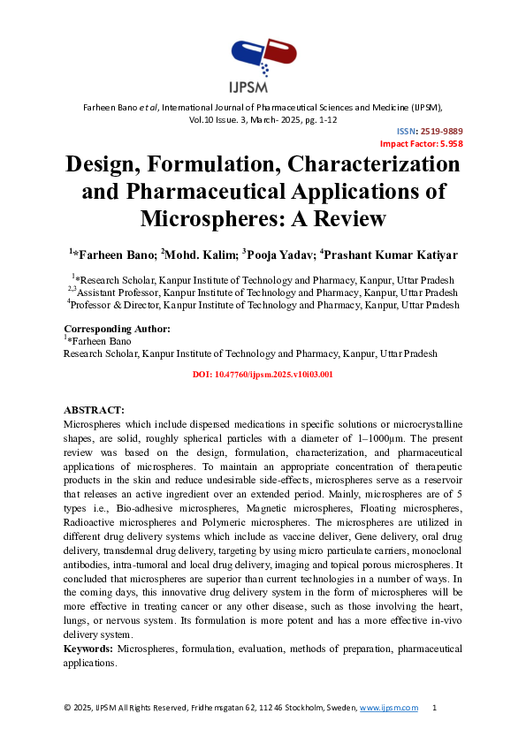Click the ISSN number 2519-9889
coord(442,131)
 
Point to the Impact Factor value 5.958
coord(448,143)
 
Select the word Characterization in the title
coord(354,164)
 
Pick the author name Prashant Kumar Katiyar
coord(393,255)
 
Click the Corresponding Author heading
coord(117,329)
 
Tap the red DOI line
coord(263,375)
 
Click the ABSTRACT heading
coord(94,410)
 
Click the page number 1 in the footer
coord(434,709)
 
